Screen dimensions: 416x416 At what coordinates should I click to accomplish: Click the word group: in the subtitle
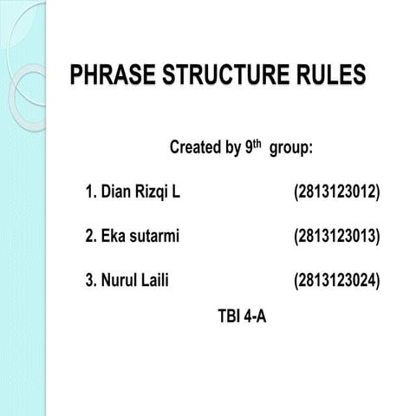pyautogui.click(x=291, y=149)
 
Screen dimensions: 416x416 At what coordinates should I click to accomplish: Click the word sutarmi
pyautogui.click(x=154, y=235)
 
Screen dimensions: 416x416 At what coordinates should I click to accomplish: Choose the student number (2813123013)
pyautogui.click(x=337, y=235)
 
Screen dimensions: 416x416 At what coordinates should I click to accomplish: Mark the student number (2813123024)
pyautogui.click(x=337, y=279)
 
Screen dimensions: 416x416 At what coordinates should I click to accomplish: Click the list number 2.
pyautogui.click(x=89, y=235)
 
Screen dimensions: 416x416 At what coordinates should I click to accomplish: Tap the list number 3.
pyautogui.click(x=89, y=279)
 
